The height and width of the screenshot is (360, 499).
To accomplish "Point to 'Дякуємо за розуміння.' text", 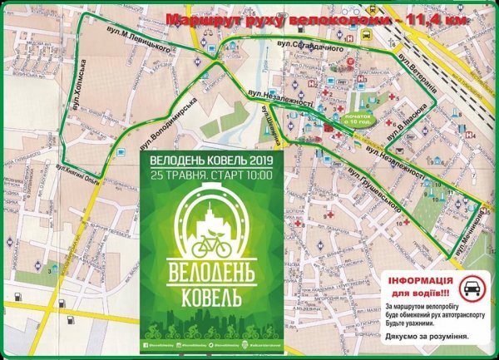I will click(426, 337).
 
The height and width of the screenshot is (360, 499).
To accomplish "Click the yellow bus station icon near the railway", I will click(367, 37).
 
